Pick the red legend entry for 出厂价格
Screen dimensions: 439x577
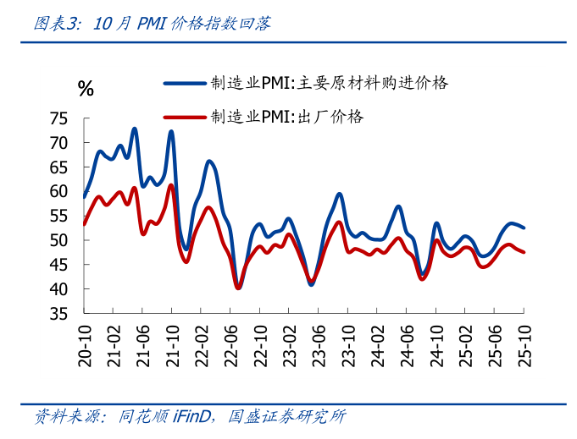288,117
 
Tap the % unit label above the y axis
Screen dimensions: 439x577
86,89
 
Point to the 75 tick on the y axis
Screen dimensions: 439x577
58,118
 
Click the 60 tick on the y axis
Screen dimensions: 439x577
58,191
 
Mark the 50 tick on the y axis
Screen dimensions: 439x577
58,240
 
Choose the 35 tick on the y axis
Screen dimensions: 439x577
58,314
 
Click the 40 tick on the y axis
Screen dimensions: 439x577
58,289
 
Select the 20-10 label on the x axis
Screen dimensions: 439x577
85,345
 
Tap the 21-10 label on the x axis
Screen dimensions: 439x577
172,345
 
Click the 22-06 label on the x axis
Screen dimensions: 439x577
230,345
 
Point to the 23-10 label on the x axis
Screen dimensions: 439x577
348,345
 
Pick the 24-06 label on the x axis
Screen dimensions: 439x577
407,345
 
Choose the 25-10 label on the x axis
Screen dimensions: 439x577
524,345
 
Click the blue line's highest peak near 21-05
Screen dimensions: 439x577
135,129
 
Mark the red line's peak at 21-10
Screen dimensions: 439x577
171,185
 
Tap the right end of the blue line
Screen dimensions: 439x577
524,228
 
